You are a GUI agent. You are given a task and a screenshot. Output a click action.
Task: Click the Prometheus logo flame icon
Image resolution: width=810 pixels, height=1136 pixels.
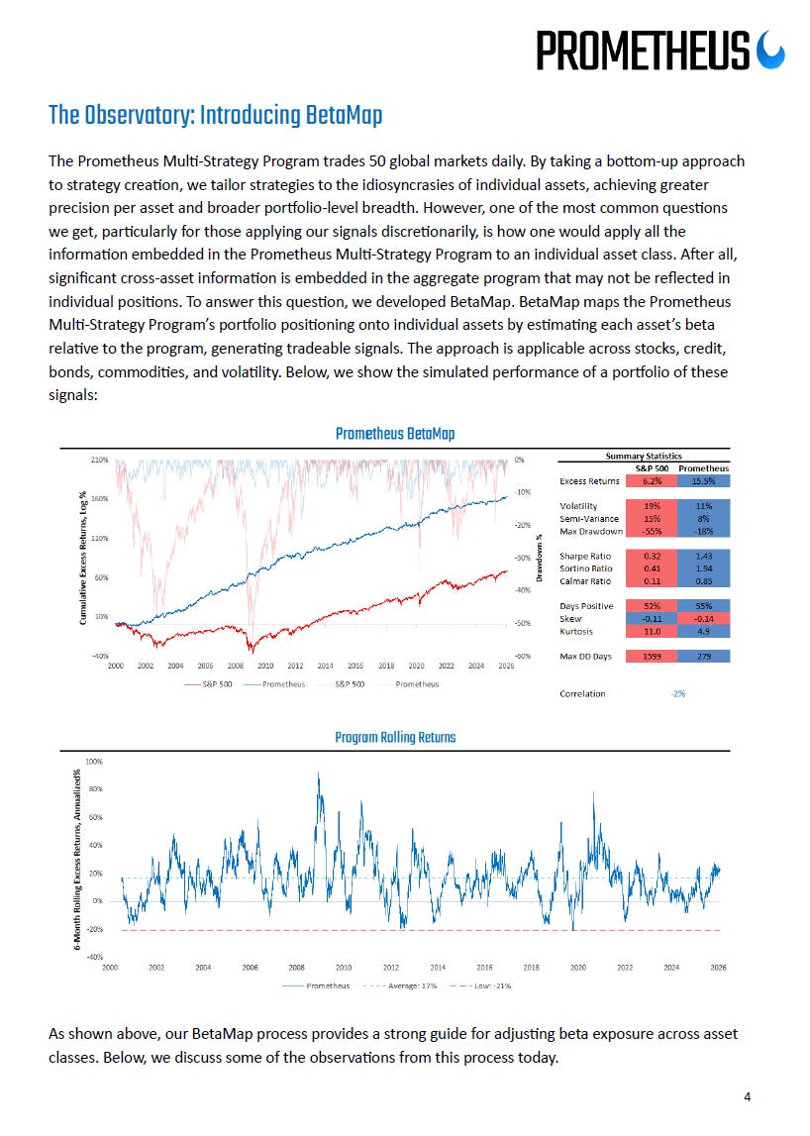point(769,49)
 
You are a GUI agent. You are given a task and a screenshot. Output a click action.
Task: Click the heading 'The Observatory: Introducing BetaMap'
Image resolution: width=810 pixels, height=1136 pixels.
point(215,116)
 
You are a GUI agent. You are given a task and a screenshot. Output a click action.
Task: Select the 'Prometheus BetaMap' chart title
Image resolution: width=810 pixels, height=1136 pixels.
point(394,434)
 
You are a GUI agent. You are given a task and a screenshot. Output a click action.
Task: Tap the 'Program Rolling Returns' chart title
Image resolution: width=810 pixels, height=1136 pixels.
point(394,738)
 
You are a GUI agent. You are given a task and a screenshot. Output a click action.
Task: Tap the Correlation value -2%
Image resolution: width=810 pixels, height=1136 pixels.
point(677,693)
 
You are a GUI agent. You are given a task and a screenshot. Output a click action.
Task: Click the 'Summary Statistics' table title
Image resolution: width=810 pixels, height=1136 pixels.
point(644,456)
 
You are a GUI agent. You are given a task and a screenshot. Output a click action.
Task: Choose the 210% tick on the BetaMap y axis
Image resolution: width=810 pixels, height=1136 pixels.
point(99,461)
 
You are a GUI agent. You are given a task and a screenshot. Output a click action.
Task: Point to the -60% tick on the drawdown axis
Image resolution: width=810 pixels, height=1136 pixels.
point(523,656)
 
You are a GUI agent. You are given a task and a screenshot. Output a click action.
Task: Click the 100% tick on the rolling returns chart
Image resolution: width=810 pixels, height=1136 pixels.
point(95,762)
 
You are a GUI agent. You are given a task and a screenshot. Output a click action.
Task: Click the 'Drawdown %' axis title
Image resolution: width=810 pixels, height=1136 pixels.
point(541,558)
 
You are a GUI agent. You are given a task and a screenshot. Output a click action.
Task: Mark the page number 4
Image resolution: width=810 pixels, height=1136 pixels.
point(748,1096)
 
